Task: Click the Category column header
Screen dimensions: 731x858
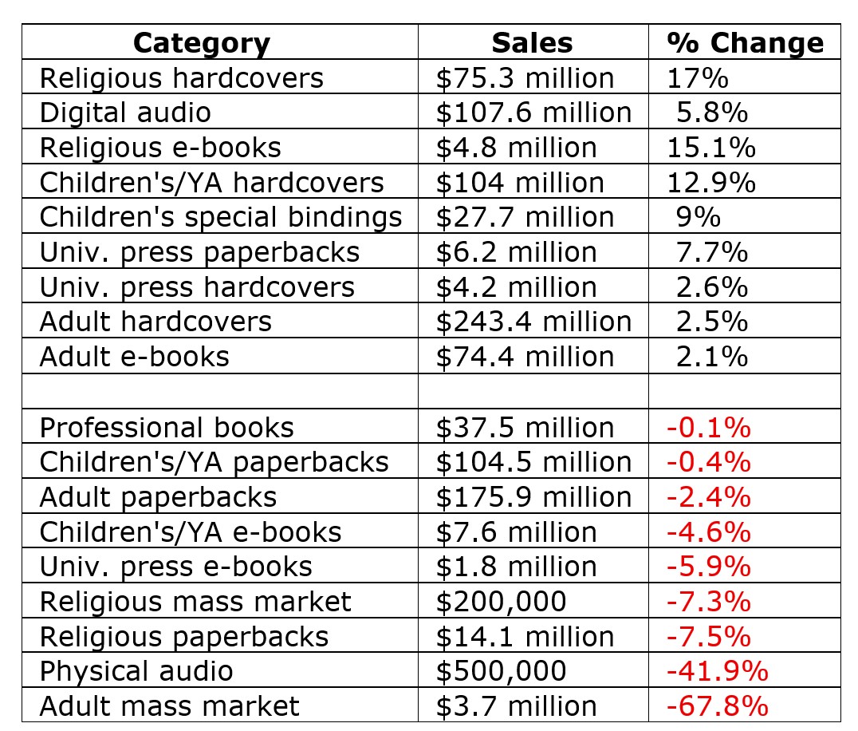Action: click(x=201, y=42)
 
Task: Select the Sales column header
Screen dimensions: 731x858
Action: click(x=532, y=42)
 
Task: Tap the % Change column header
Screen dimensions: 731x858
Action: click(x=745, y=42)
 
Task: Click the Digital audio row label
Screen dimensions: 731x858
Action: click(x=125, y=113)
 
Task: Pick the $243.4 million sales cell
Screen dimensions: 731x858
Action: click(x=533, y=322)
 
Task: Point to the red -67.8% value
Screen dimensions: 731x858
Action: click(x=717, y=706)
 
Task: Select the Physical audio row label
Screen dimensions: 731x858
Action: click(x=136, y=671)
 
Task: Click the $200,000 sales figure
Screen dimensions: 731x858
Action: click(x=501, y=601)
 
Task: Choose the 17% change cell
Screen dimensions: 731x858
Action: click(x=698, y=77)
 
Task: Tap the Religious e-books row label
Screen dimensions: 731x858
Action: click(x=160, y=148)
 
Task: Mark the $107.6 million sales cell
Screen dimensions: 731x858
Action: click(x=533, y=113)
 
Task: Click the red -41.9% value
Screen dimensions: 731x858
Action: click(x=717, y=671)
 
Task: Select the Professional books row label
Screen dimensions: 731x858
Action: click(x=167, y=428)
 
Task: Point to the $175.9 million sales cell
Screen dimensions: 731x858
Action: click(x=533, y=497)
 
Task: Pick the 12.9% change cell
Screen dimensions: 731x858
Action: click(x=710, y=183)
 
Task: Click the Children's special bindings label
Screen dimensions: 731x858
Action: click(x=221, y=217)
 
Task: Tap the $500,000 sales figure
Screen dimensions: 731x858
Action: click(x=501, y=671)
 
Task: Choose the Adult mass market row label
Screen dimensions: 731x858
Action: click(x=170, y=706)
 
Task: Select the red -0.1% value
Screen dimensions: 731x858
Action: click(x=708, y=428)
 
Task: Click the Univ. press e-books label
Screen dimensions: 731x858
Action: click(x=176, y=567)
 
